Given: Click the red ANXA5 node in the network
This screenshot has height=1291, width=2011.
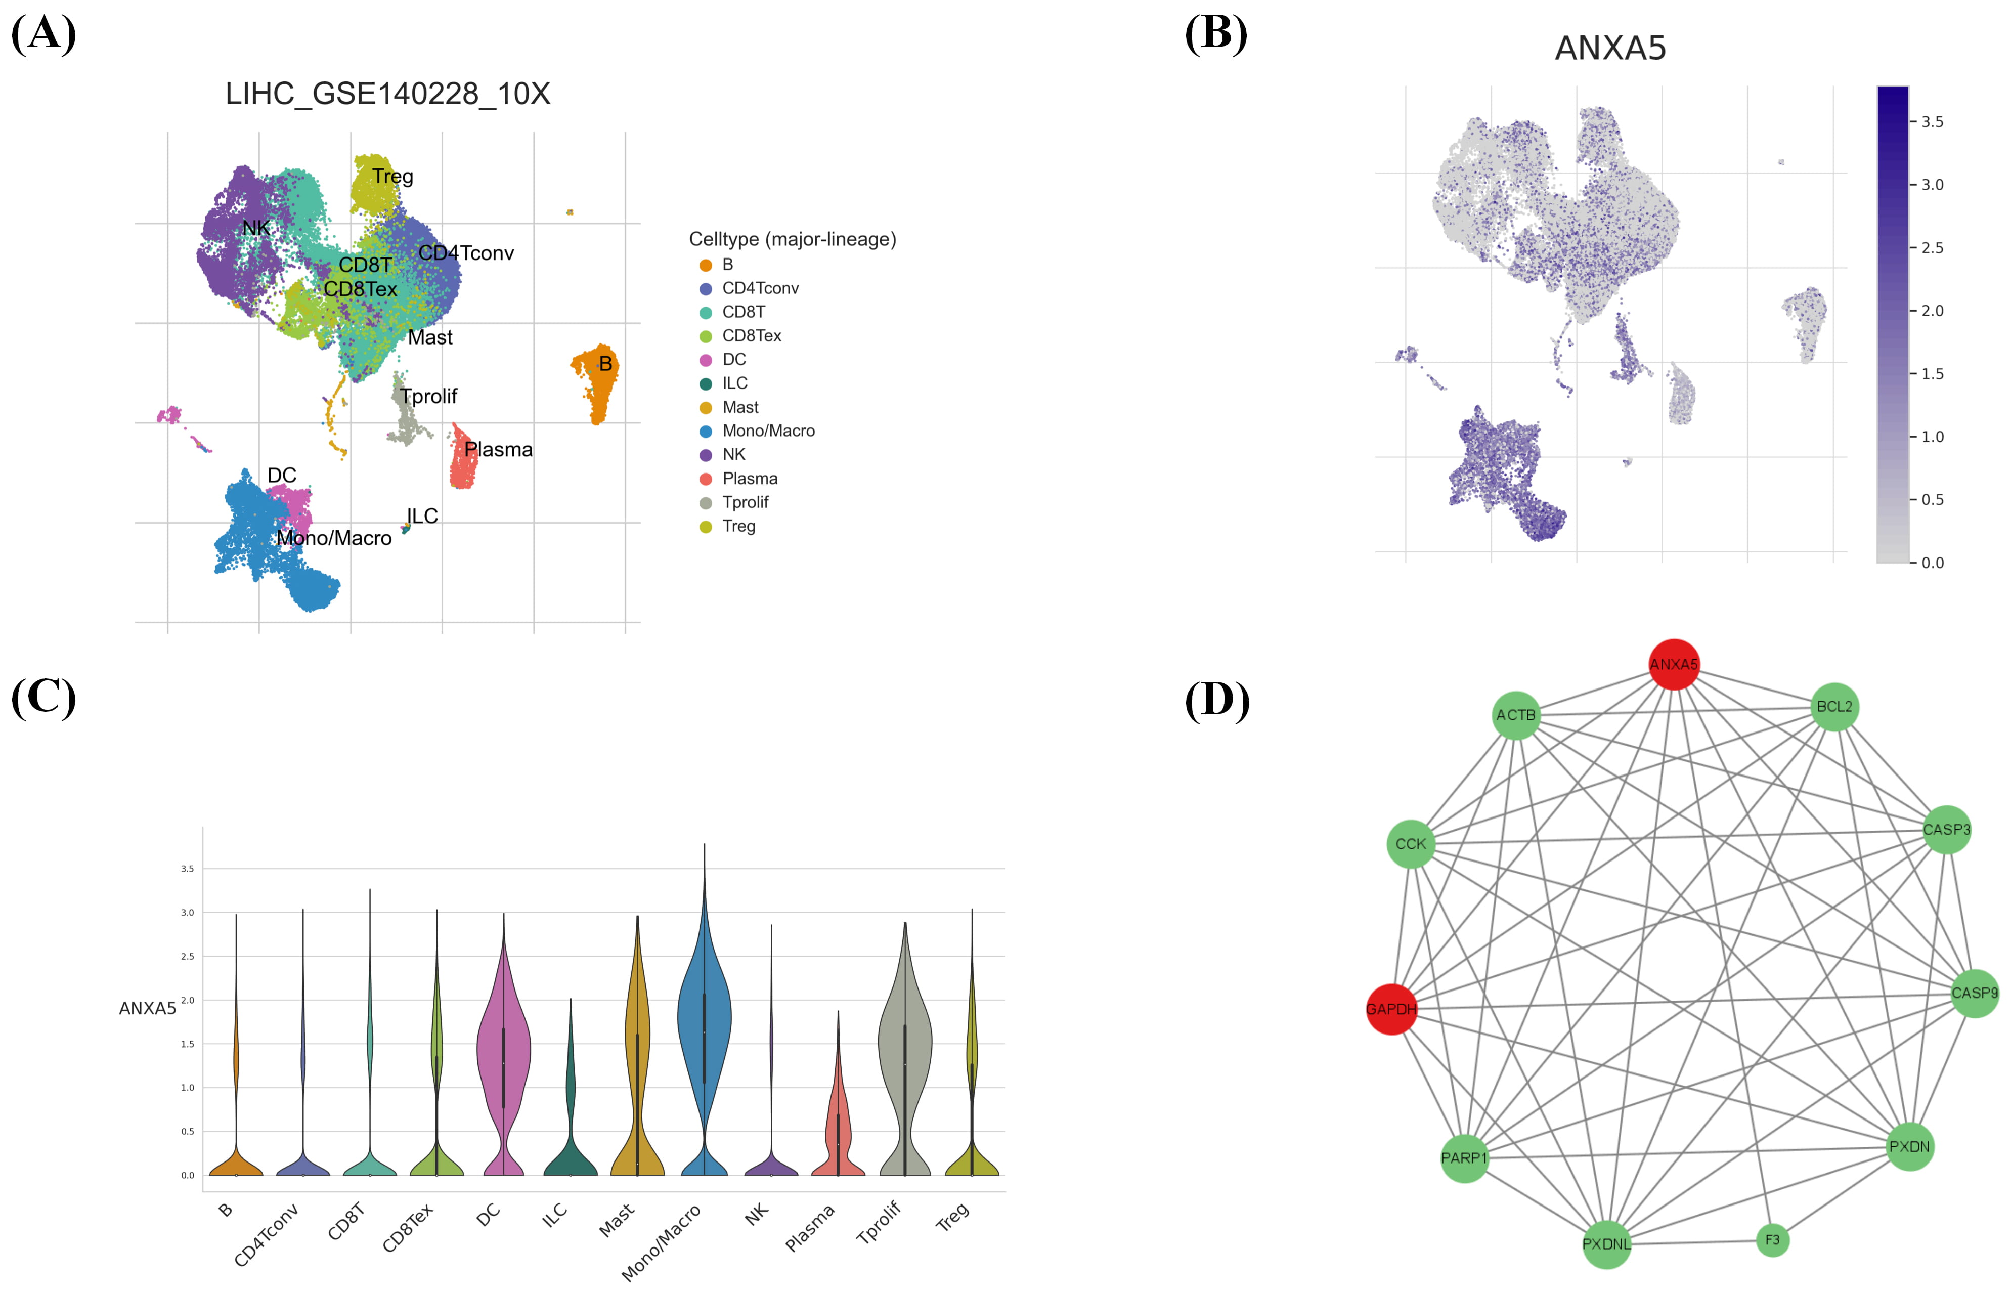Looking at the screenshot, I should pyautogui.click(x=1673, y=664).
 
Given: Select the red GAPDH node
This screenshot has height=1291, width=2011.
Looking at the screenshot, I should pyautogui.click(x=1391, y=1009).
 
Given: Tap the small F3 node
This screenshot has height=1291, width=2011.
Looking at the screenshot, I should pyautogui.click(x=1772, y=1240).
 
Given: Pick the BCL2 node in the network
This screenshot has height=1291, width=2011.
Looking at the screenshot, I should pyautogui.click(x=1834, y=707).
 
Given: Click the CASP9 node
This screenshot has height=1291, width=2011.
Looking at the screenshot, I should pyautogui.click(x=1974, y=994).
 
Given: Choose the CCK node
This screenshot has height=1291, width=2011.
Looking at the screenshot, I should pyautogui.click(x=1411, y=844).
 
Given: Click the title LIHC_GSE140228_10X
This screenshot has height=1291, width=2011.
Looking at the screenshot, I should pyautogui.click(x=388, y=94).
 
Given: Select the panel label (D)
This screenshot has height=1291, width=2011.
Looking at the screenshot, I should pyautogui.click(x=1216, y=700).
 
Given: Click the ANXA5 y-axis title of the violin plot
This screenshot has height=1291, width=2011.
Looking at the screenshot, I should pyautogui.click(x=148, y=1009).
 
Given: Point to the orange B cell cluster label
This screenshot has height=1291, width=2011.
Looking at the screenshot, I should pyautogui.click(x=605, y=364).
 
